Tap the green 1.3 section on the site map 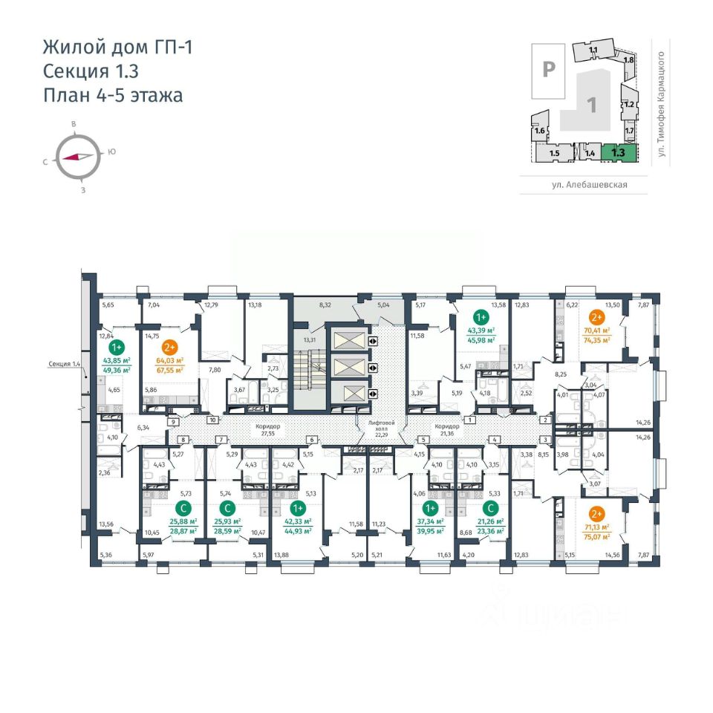click(617, 152)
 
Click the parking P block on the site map click(549, 70)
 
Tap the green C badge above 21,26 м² click(490, 508)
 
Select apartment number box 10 click(212, 420)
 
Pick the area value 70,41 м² click(596, 332)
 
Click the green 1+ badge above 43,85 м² click(117, 347)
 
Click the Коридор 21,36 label click(448, 429)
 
